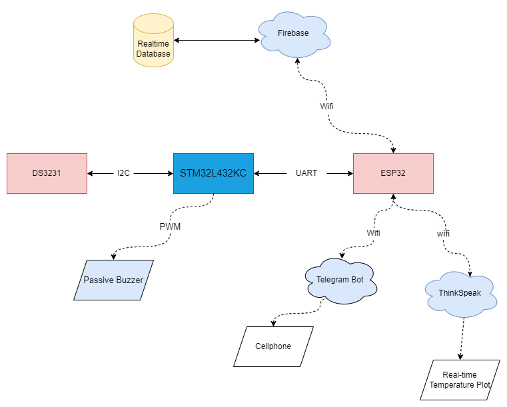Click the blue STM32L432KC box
pos(213,173)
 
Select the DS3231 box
pos(47,173)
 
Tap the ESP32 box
pos(393,173)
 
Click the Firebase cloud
pos(293,33)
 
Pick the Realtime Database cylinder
pos(153,44)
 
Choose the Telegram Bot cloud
pos(340,280)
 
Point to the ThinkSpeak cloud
pos(460,293)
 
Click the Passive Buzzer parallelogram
pos(113,280)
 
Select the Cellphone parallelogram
pos(273,346)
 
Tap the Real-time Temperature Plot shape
pos(460,380)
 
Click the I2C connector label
pos(124,173)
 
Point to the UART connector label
pos(306,173)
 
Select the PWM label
pos(170,226)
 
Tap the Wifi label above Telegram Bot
pos(374,233)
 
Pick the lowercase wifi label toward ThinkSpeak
pos(443,234)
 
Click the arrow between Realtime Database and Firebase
pos(217,41)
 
